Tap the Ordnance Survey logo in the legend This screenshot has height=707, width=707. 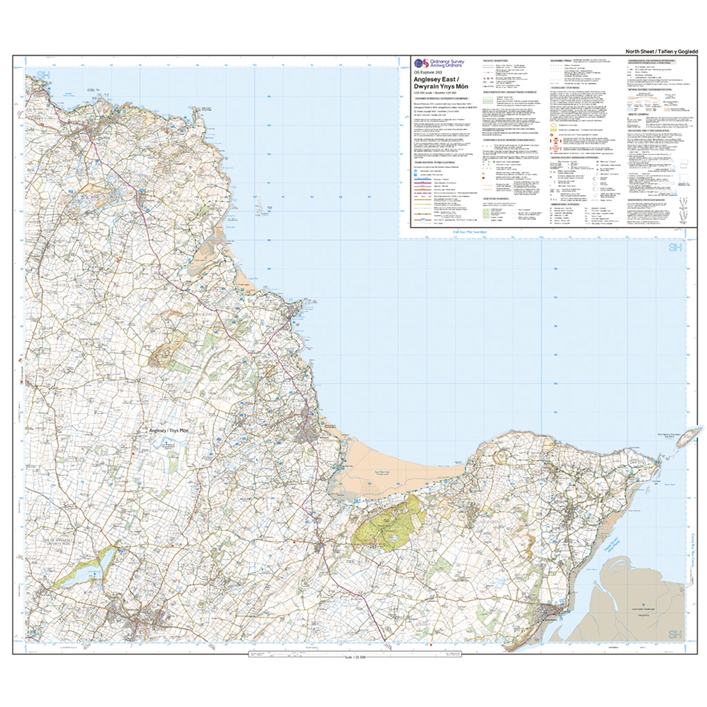(419, 63)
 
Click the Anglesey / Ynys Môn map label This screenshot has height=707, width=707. (169, 431)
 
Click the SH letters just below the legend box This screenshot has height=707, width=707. (675, 248)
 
